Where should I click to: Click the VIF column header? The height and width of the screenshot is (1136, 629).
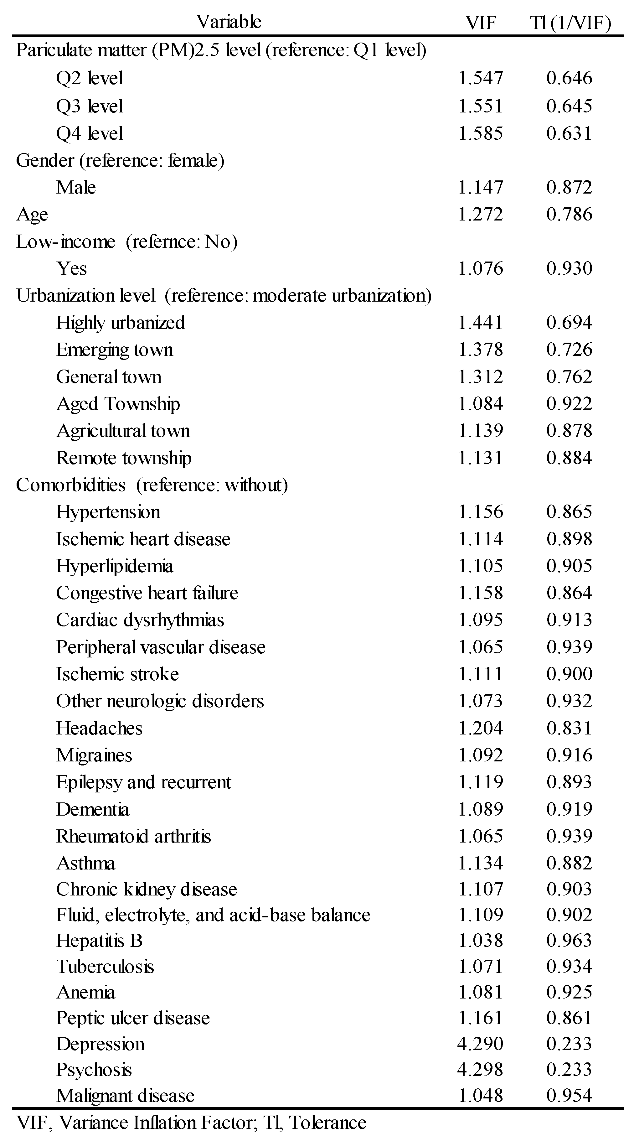481,22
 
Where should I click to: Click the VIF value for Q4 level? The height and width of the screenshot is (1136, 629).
481,133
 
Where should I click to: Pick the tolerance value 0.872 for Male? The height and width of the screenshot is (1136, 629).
569,187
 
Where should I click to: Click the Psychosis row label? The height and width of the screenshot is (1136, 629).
94,1069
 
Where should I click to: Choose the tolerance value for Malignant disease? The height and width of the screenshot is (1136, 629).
569,1095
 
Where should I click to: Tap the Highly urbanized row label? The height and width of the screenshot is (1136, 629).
120,323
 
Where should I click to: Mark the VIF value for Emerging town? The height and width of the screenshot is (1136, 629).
481,350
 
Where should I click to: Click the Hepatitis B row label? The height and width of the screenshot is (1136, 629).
99,941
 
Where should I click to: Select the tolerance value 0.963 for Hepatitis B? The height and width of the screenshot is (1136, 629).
569,941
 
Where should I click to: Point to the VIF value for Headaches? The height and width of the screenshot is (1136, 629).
481,728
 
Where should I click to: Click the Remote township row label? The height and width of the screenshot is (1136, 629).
124,458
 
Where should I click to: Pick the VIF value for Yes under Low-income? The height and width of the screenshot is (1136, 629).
481,268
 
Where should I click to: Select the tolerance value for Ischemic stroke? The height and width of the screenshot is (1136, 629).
569,674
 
